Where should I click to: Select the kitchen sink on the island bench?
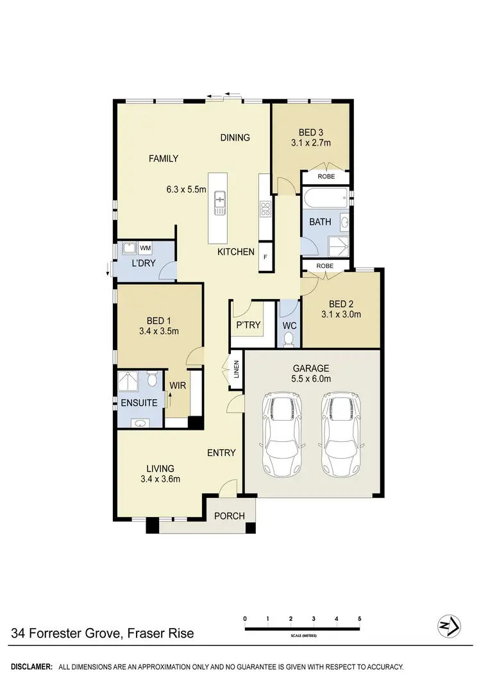click(x=220, y=203)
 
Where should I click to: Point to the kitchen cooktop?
click(x=265, y=208)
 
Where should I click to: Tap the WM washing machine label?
click(x=145, y=248)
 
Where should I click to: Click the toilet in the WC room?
click(x=289, y=338)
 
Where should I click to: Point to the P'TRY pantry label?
click(x=248, y=325)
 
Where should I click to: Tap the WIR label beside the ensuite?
click(x=177, y=386)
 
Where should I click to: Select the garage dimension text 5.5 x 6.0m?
click(x=311, y=380)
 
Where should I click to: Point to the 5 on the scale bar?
click(x=359, y=618)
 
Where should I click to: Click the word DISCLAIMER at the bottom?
click(x=31, y=667)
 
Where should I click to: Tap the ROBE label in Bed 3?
click(x=326, y=176)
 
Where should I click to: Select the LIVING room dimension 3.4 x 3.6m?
click(x=160, y=479)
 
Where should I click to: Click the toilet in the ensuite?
click(x=152, y=380)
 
